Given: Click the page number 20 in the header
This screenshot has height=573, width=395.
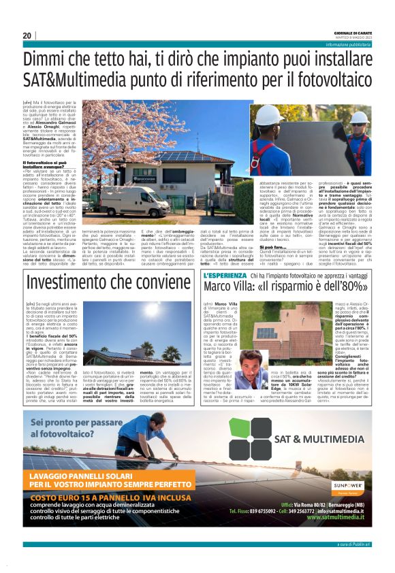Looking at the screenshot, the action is coord(27,35).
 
